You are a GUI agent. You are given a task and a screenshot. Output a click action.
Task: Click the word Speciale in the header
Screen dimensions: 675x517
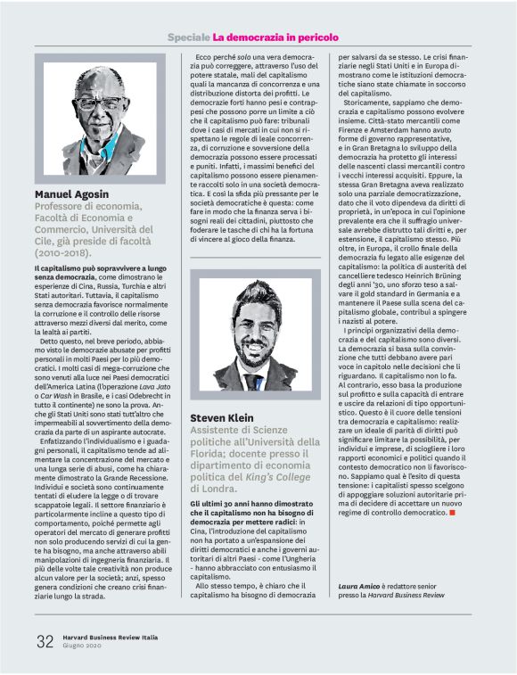click(x=187, y=37)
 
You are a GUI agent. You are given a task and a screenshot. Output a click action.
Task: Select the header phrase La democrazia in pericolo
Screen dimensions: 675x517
click(x=275, y=37)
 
